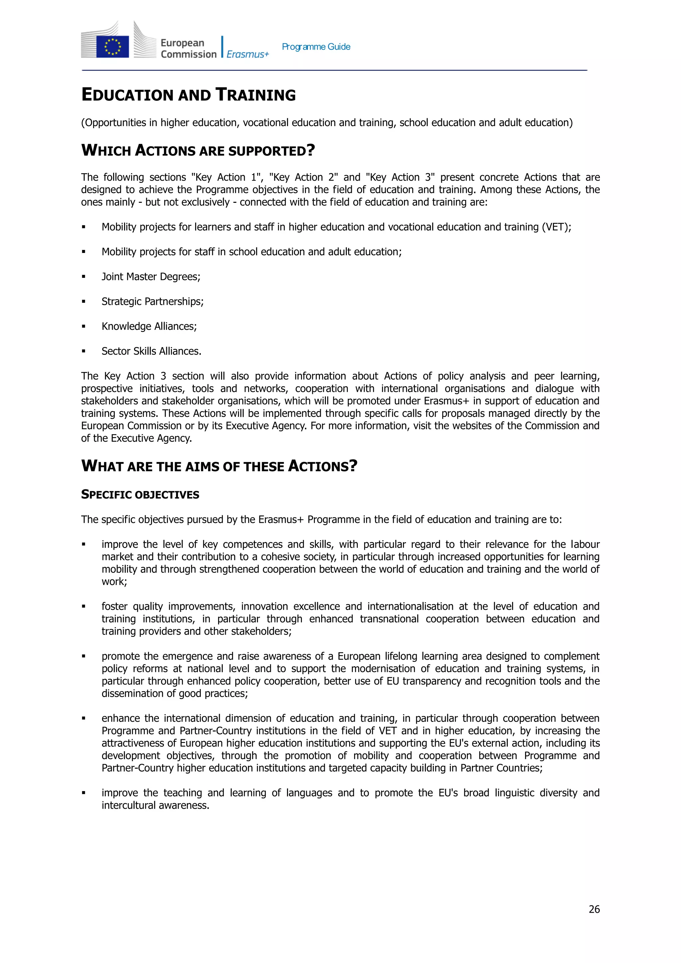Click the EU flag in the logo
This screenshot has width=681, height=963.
coord(112,47)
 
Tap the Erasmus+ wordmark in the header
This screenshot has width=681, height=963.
coord(247,54)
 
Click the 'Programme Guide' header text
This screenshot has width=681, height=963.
coord(316,47)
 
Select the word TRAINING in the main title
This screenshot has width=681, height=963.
coord(255,95)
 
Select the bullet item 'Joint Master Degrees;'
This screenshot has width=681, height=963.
coord(151,277)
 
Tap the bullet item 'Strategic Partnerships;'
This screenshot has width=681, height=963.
coord(152,301)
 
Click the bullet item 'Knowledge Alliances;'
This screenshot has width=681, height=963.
coord(149,326)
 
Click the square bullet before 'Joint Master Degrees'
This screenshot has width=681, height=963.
coord(84,277)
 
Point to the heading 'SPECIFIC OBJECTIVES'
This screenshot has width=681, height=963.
coord(140,495)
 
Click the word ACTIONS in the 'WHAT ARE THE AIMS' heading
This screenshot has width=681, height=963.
coord(319,466)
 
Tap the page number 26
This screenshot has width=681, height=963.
coord(594,909)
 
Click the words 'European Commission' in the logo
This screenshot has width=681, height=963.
coord(189,49)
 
